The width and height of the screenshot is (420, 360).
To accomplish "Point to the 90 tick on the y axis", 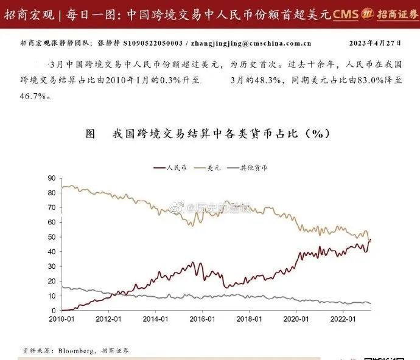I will tap(51, 178).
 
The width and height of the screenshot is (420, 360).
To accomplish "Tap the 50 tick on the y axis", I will tap(51, 237).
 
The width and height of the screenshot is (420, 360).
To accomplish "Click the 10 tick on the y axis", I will tap(51, 296).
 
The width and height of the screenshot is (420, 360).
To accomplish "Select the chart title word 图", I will tap(91, 134).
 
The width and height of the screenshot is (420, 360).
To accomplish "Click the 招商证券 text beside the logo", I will tap(396, 13).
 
